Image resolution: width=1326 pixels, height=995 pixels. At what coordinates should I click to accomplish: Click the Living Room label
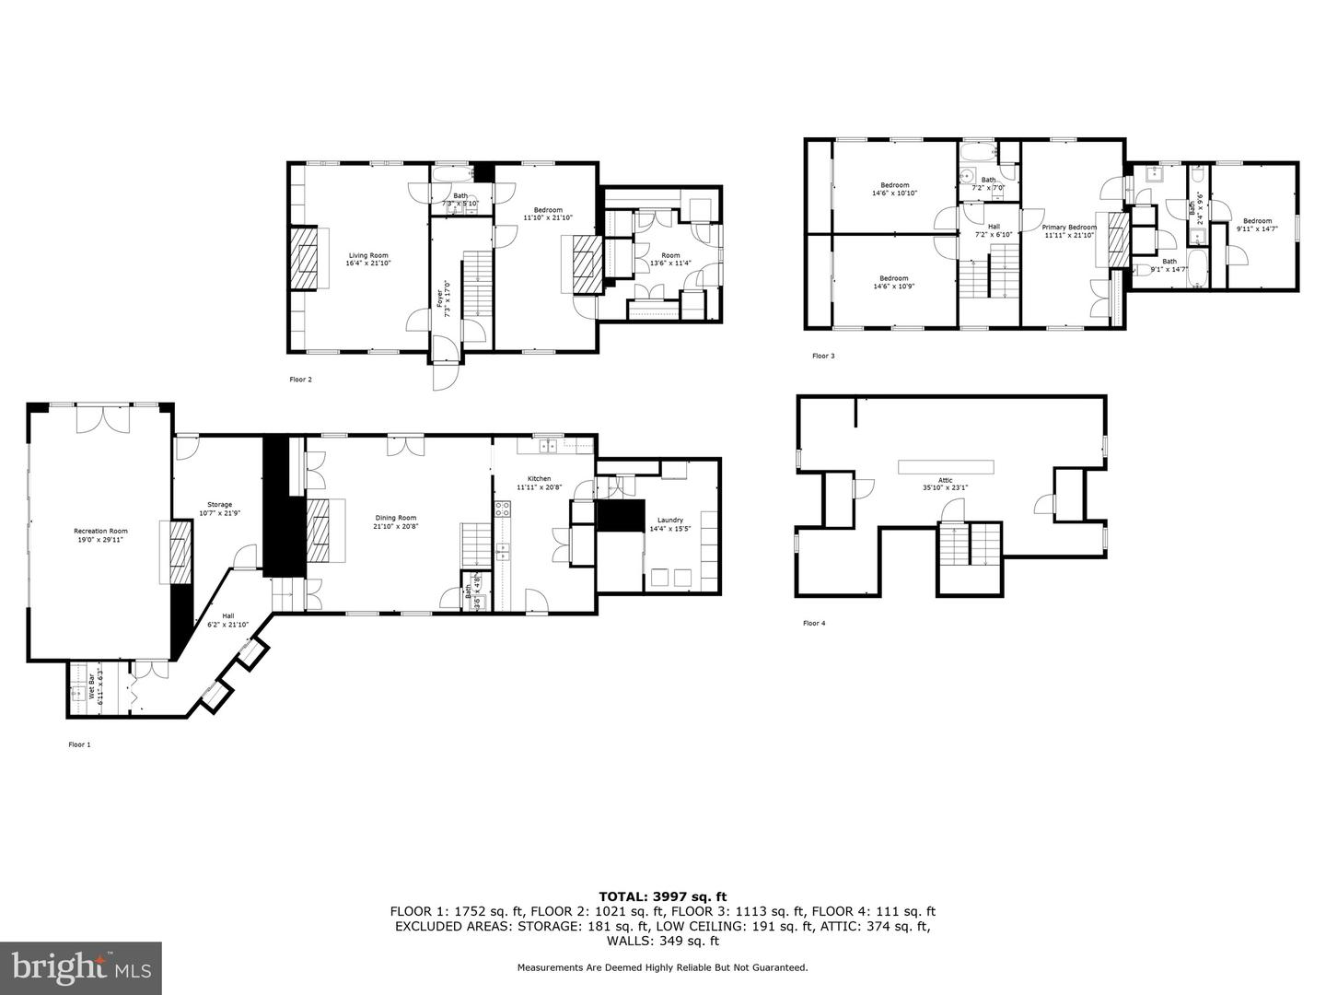366,255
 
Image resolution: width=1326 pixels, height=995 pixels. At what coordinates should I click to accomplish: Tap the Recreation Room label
100,531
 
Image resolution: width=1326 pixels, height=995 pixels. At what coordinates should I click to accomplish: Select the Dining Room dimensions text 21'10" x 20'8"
396,526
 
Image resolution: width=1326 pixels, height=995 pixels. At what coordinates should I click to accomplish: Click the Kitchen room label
539,478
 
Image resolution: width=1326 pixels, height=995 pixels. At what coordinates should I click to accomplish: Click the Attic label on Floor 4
945,479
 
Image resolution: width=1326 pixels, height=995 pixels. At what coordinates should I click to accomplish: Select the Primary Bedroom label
1069,227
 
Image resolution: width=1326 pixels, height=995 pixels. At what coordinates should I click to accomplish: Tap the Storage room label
219,504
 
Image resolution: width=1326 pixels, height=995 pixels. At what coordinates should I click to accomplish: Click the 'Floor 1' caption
79,744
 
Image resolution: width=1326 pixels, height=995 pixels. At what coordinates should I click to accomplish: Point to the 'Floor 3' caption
823,356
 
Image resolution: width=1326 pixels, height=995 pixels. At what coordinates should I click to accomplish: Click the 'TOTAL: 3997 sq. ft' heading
662,895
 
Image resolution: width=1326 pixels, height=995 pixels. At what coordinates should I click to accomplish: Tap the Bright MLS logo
81,967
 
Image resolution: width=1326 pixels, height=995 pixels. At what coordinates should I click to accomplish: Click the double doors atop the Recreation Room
102,418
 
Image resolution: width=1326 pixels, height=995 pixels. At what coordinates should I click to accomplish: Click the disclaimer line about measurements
662,967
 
